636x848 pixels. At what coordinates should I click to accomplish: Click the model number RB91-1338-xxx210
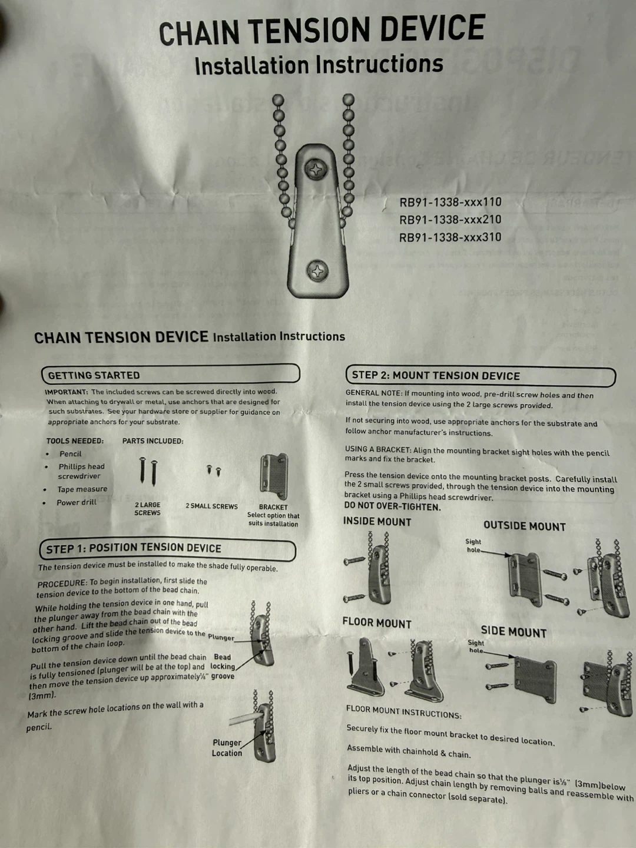(450, 220)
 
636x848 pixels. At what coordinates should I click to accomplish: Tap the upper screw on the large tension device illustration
(316, 169)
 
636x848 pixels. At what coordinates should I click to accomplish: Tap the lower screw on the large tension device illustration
(317, 271)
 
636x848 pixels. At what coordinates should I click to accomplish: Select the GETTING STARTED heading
(94, 375)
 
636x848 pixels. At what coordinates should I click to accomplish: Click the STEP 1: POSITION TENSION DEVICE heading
(134, 549)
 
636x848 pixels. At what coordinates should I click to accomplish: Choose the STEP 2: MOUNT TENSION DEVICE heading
(436, 376)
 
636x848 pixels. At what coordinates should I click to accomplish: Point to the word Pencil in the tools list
(70, 453)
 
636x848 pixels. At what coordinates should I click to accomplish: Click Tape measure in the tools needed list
(82, 489)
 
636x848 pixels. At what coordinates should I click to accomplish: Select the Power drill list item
(77, 502)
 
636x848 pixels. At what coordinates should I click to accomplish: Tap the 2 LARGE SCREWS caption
(147, 509)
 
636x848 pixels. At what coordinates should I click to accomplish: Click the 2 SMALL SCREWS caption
(211, 506)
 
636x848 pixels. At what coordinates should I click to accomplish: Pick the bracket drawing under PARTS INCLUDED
(274, 477)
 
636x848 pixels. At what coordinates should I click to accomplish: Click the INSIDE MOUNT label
(377, 522)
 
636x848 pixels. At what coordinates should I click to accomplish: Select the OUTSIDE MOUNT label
(524, 526)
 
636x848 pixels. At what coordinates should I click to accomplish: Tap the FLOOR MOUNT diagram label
(377, 623)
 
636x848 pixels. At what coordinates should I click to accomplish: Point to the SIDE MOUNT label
(514, 632)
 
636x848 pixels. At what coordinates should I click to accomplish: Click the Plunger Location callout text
(227, 748)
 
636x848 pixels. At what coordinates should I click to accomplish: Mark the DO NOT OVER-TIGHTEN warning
(392, 506)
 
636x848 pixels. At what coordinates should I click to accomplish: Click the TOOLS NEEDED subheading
(75, 441)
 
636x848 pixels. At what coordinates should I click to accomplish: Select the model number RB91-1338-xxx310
(450, 237)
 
